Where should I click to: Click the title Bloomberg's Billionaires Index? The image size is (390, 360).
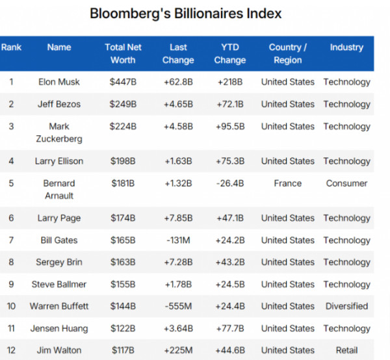coord(186,14)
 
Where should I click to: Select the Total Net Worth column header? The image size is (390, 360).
coord(123,53)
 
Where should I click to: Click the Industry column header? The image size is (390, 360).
coord(346,47)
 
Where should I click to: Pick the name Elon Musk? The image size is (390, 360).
coord(59,82)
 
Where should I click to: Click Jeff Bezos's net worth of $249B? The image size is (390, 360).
coord(123,104)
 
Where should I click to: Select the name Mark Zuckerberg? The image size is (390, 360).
coord(59,132)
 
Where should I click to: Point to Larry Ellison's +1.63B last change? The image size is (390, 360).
coord(178,161)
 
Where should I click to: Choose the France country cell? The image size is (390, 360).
coord(287,183)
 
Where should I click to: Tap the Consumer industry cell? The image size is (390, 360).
coord(346,183)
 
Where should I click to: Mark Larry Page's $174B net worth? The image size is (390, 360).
coord(123,218)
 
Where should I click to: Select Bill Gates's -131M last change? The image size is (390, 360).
coord(178,240)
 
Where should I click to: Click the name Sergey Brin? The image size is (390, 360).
coord(59,263)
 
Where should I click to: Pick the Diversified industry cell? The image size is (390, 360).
coord(346,307)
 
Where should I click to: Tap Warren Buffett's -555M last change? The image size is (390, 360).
coord(178,307)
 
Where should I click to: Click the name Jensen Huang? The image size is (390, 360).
coord(59,329)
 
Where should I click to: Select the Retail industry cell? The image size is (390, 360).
coord(346,351)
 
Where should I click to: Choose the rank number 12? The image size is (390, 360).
coord(11,351)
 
